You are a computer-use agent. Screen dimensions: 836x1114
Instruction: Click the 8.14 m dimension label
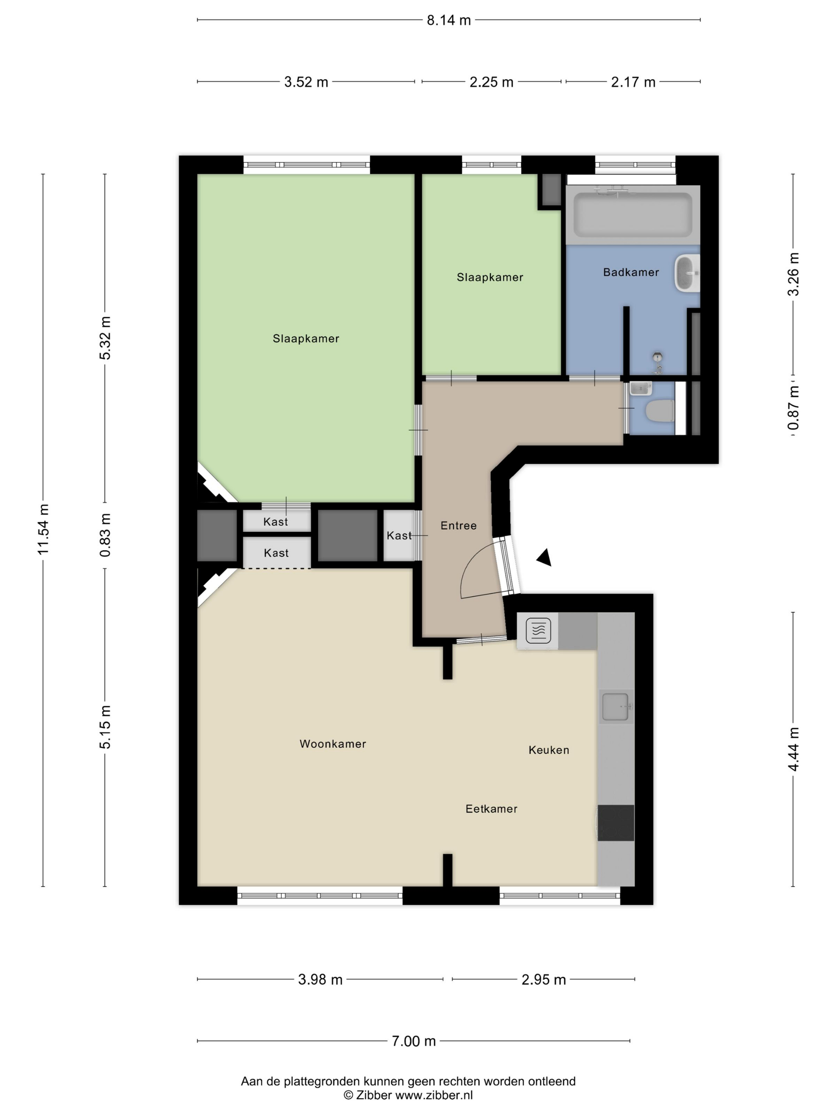[x=449, y=20]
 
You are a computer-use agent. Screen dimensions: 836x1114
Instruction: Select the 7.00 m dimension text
[x=413, y=1041]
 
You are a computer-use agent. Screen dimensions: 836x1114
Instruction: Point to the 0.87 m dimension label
[x=793, y=408]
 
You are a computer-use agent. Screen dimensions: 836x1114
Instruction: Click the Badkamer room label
[x=631, y=273]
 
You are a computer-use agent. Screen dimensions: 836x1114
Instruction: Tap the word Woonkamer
[x=332, y=744]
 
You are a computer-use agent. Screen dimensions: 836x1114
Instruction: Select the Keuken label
[x=549, y=750]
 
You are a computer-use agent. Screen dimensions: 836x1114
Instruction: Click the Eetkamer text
[x=491, y=809]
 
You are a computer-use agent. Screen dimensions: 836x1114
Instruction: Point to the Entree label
[x=459, y=526]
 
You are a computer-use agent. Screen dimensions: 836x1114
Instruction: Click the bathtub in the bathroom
[x=633, y=215]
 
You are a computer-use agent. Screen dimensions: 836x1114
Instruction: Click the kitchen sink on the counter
[x=616, y=707]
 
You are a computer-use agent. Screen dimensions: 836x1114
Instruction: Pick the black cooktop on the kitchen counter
[x=616, y=823]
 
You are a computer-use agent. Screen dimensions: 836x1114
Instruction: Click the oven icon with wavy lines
[x=538, y=631]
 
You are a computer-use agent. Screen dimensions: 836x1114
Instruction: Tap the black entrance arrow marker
[x=544, y=557]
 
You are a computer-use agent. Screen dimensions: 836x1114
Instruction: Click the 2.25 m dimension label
[x=491, y=82]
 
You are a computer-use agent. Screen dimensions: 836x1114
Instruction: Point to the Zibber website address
[x=434, y=1095]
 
